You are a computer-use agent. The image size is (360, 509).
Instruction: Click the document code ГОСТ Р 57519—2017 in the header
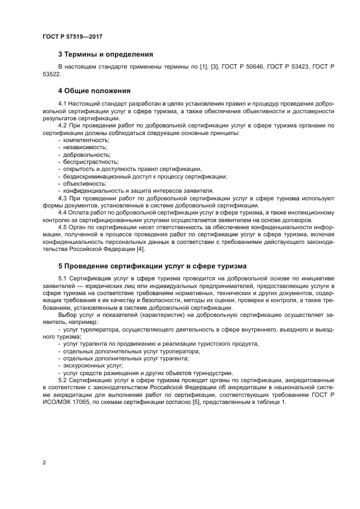click(72, 36)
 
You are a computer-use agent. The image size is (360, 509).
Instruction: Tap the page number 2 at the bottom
click(44, 463)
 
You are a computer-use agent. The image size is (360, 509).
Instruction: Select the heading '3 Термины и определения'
click(105, 54)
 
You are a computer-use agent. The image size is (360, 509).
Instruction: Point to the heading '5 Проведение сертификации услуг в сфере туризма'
click(152, 266)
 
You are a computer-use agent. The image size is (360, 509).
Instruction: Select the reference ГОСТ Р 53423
click(292, 66)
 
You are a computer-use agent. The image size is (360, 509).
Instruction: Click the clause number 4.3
click(62, 198)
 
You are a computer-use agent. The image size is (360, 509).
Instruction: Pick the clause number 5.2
click(62, 381)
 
